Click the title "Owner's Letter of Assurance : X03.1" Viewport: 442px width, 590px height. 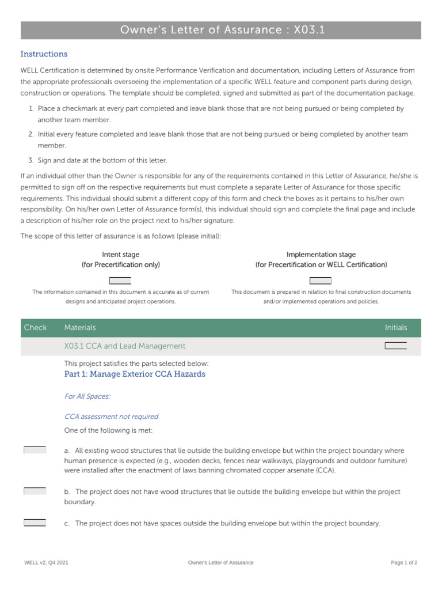tap(222, 30)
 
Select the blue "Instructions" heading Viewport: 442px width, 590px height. tap(44, 54)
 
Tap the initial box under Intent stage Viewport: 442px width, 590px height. tap(120, 281)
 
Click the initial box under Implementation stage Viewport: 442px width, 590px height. tap(321, 281)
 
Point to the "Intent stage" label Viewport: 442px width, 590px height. tap(120, 255)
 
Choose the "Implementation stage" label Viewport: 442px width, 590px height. tap(321, 255)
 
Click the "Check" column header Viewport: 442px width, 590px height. tap(35, 328)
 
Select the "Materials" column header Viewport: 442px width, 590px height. tap(80, 328)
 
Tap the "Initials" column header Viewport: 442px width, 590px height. tap(395, 328)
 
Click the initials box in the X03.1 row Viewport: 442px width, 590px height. tap(395, 346)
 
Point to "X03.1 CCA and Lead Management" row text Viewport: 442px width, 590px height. tap(125, 346)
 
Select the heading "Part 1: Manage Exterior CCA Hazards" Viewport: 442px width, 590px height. tap(135, 374)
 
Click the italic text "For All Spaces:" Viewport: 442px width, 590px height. tap(87, 396)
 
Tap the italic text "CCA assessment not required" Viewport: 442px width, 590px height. tap(111, 417)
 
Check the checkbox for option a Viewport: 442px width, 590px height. tap(35, 450)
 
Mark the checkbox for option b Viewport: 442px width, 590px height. tap(35, 491)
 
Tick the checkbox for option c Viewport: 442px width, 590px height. tap(35, 523)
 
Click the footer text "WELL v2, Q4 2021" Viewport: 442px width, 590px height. tap(46, 563)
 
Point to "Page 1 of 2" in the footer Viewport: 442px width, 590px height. tap(404, 563)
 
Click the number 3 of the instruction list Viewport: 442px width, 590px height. tap(31, 161)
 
